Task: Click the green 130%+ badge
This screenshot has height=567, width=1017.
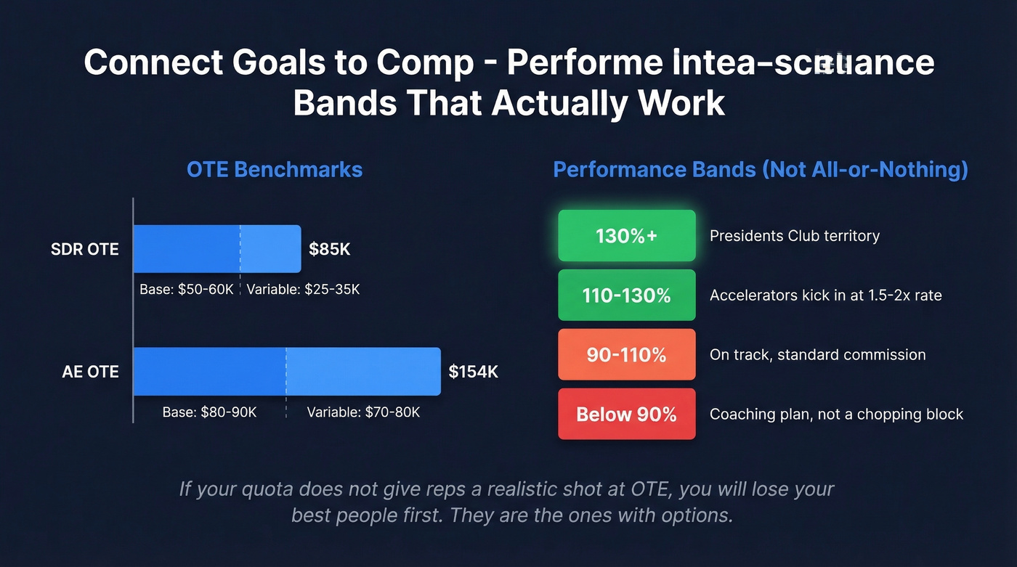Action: click(626, 236)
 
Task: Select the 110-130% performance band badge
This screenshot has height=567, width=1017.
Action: click(626, 295)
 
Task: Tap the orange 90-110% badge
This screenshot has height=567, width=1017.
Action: click(626, 355)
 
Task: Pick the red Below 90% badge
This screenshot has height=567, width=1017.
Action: click(626, 415)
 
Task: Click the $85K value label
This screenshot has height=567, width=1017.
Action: click(330, 250)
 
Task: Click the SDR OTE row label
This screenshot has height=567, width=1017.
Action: click(84, 250)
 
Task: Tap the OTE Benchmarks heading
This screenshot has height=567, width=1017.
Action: click(275, 170)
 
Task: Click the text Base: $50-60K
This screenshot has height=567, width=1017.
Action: click(187, 290)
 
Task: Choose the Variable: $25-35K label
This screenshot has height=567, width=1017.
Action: click(303, 290)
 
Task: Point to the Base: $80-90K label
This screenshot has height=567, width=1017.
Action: click(209, 412)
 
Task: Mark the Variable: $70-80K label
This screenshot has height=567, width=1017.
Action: click(363, 412)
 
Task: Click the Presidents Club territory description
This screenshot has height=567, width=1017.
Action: click(795, 236)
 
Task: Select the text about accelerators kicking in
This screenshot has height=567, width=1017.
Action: click(825, 295)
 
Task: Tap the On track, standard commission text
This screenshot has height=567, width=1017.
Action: click(817, 355)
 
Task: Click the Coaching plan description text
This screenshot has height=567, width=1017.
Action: click(836, 415)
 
